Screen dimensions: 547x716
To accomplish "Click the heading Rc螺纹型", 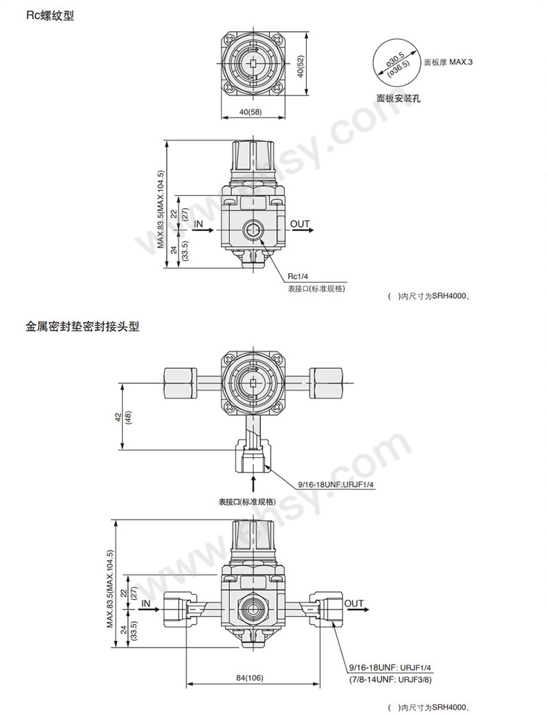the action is pos(51,17).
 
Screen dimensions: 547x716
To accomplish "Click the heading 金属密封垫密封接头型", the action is pos(82,327).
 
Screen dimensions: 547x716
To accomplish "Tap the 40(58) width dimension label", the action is pos(251,112).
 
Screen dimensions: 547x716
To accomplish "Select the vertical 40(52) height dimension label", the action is pos(301,66).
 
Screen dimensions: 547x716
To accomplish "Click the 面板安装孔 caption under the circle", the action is pos(399,98).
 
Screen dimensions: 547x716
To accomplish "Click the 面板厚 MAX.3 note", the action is pos(448,62).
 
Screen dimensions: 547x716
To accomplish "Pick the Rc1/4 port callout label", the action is pos(298,276).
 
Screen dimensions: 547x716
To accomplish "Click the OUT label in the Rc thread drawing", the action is pos(300,223).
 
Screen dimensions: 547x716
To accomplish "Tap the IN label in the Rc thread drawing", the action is pos(198,223).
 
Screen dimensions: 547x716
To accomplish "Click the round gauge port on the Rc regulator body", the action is pos(253,230).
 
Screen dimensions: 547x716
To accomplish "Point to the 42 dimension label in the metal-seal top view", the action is pos(118,417).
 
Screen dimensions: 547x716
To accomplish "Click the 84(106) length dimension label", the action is pos(249,678).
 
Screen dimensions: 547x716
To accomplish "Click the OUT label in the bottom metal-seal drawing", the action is pos(354,603).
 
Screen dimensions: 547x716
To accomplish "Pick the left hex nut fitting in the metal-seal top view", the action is pos(177,382).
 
